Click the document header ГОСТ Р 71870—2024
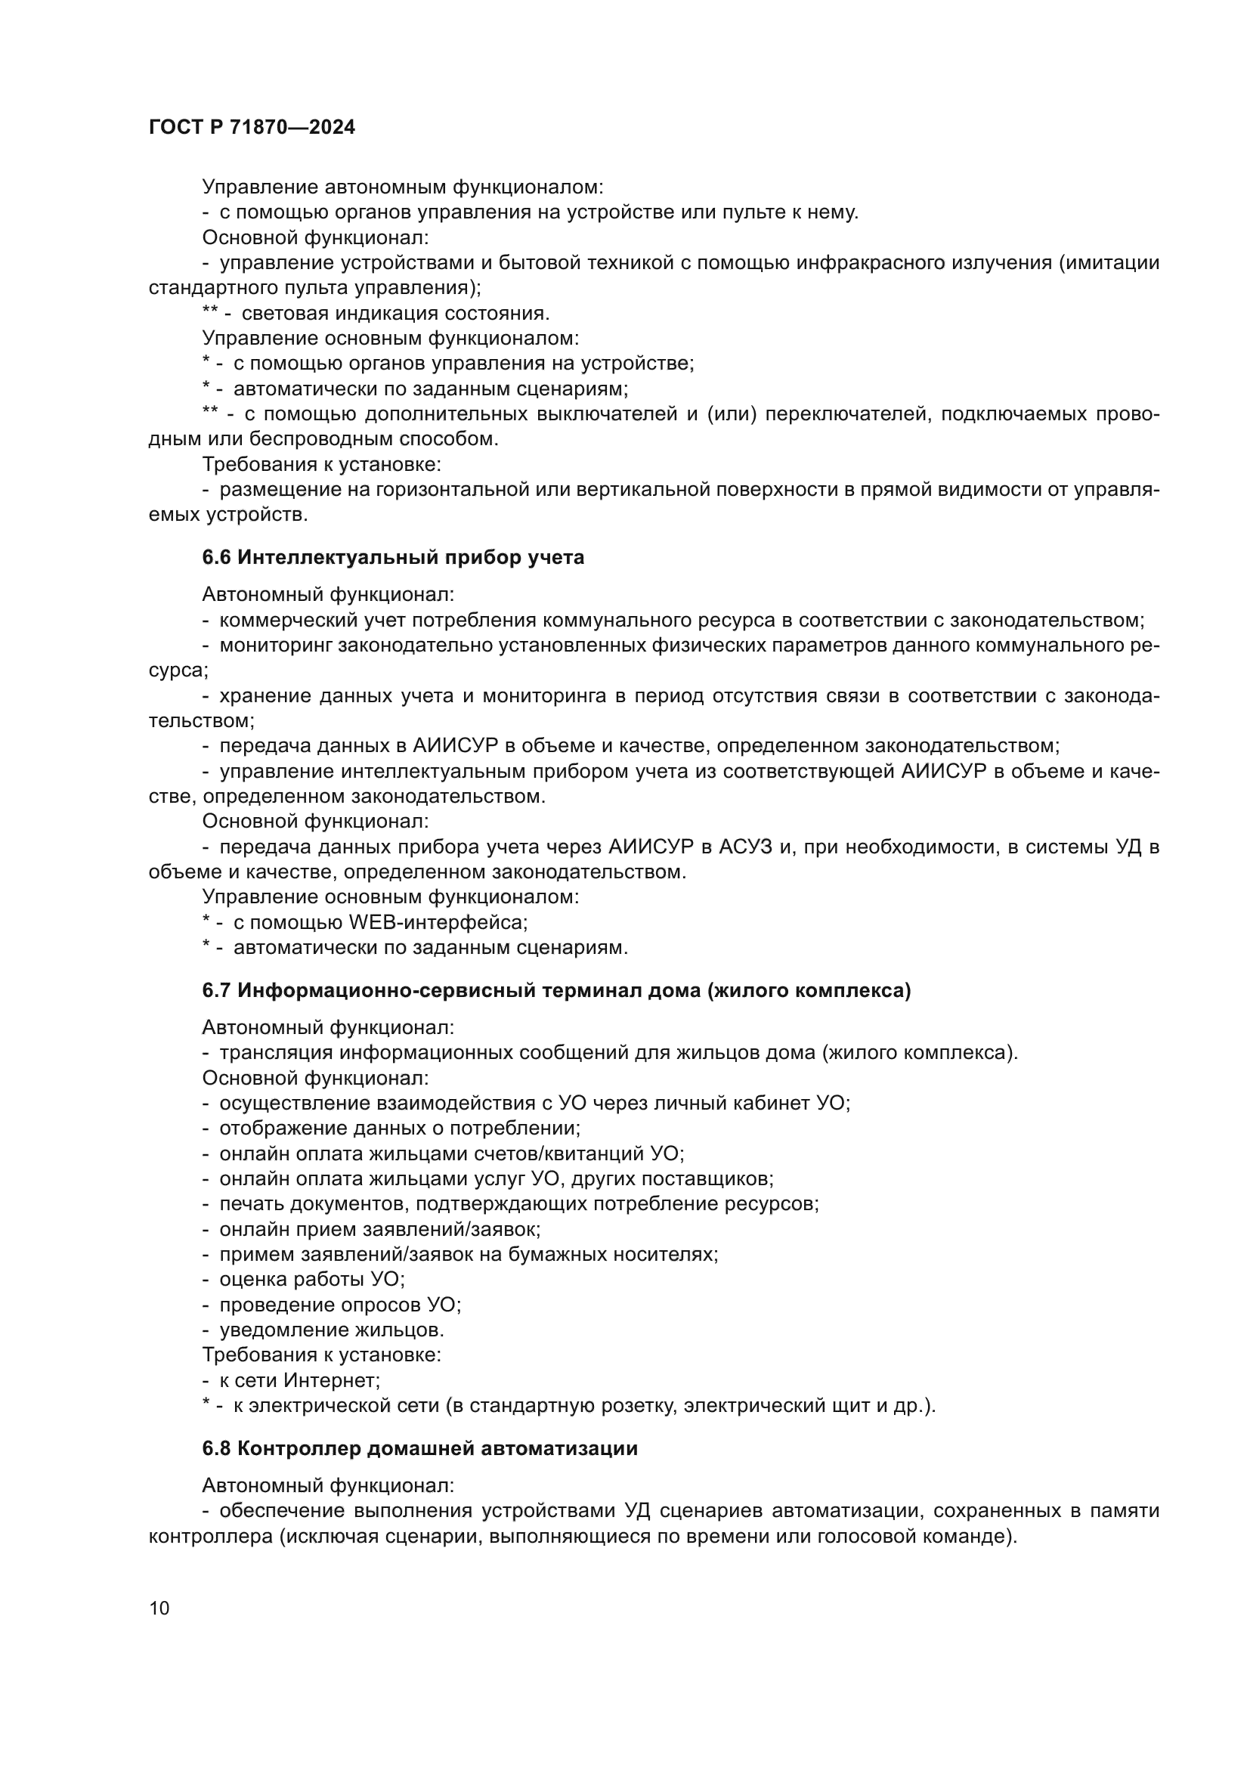pos(252,128)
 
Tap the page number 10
pos(159,1608)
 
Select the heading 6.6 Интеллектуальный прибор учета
pos(392,558)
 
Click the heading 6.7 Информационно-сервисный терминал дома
pos(555,990)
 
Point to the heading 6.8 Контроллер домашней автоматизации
pos(419,1448)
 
